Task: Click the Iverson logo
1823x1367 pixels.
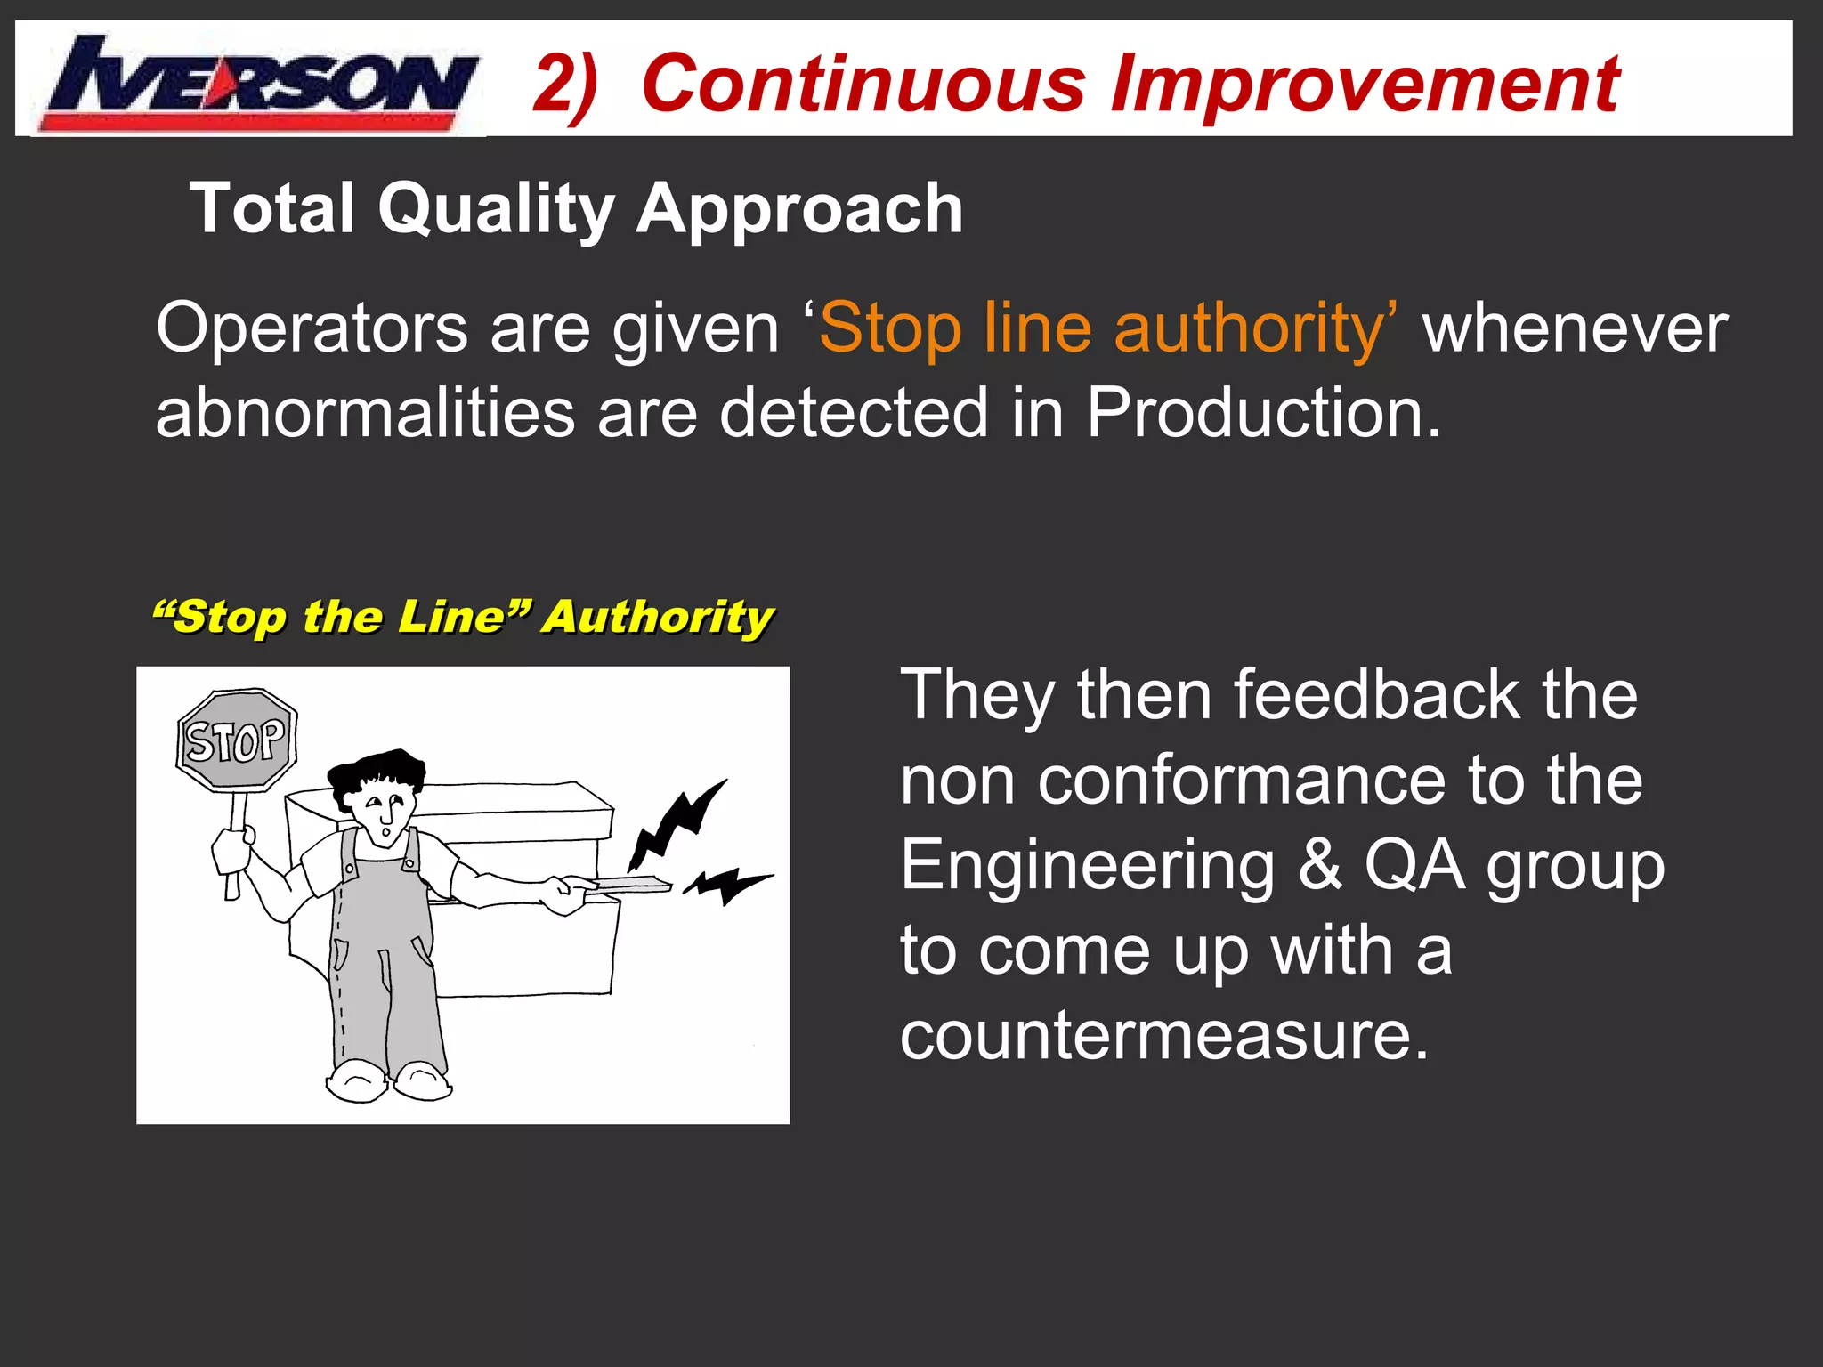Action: click(258, 82)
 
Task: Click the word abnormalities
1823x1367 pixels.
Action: click(365, 414)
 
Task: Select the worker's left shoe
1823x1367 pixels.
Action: click(356, 1081)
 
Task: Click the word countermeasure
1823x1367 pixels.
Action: click(1163, 1037)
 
